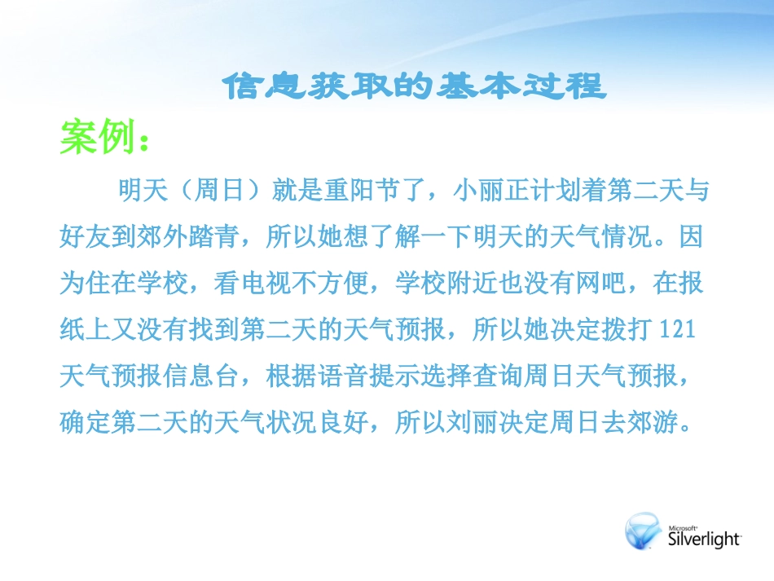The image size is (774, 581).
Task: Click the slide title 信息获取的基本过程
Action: [x=415, y=86]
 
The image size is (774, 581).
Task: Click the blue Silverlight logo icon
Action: [x=644, y=531]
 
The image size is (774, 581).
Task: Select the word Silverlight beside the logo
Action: [x=703, y=539]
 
